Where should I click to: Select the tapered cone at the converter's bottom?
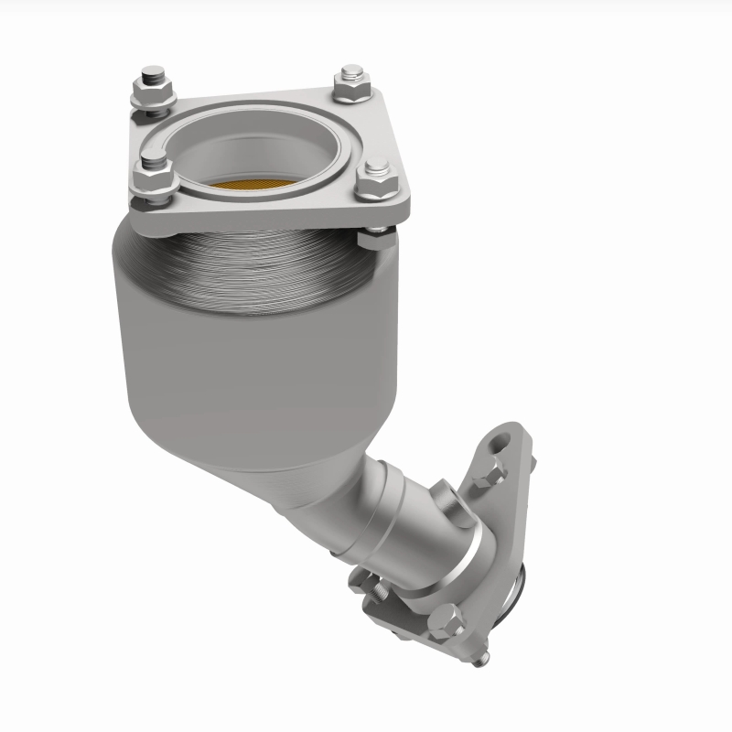click(274, 467)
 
